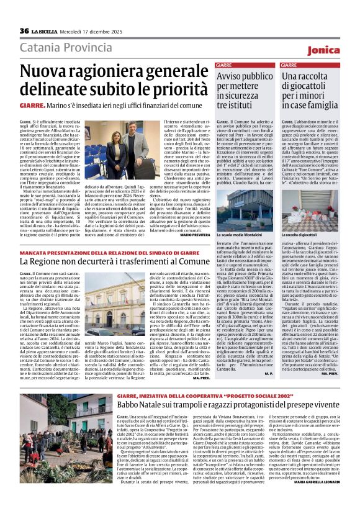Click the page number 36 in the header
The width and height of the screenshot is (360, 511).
[x=24, y=30]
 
